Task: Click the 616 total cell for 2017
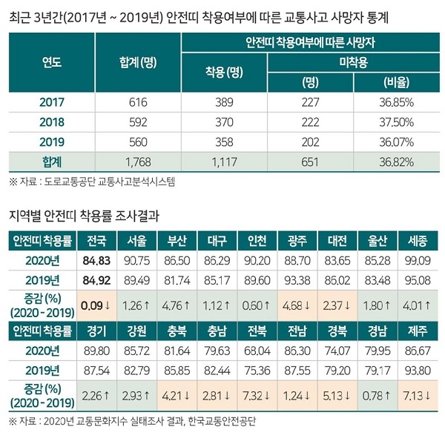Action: [138, 102]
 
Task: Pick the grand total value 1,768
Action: [138, 159]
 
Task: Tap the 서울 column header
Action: [137, 241]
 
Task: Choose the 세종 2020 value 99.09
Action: [417, 261]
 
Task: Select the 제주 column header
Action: [417, 329]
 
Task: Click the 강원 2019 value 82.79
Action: [137, 368]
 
